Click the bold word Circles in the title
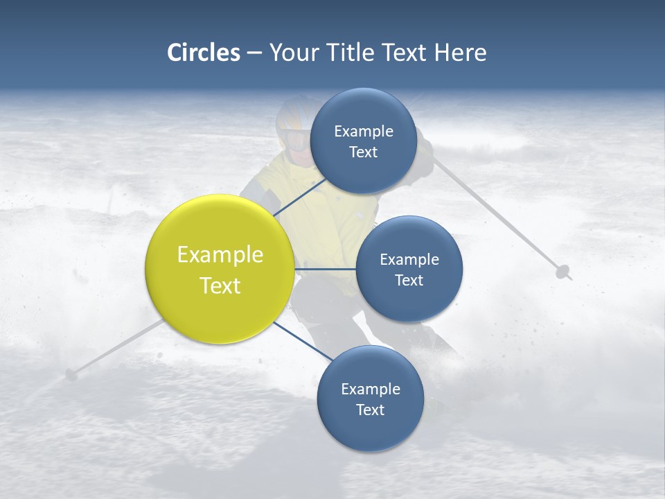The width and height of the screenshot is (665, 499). pyautogui.click(x=203, y=53)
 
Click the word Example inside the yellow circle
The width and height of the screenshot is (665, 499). pyautogui.click(x=220, y=254)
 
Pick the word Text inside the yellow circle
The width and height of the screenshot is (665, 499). pyautogui.click(x=220, y=286)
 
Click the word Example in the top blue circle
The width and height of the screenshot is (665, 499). pyautogui.click(x=363, y=131)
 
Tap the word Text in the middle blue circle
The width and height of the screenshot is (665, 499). pyautogui.click(x=409, y=280)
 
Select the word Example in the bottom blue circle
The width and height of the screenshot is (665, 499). pyautogui.click(x=370, y=389)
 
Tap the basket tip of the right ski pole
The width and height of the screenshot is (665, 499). pyautogui.click(x=563, y=272)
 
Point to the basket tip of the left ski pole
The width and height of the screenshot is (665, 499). pyautogui.click(x=71, y=375)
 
